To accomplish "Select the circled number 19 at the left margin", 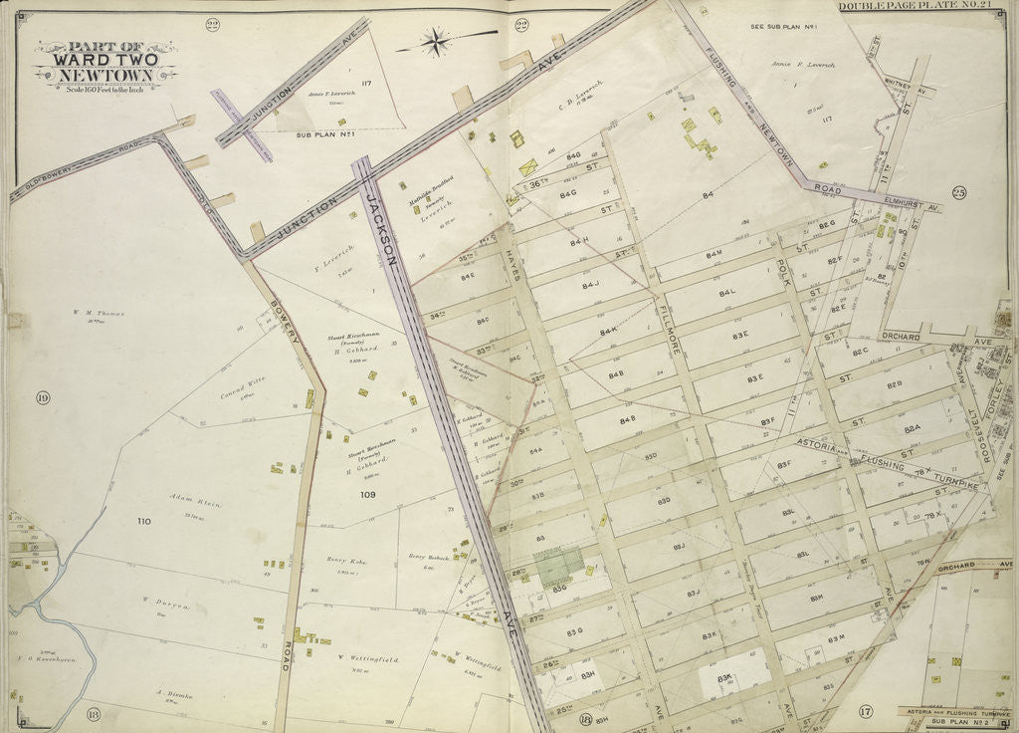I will point(43,398).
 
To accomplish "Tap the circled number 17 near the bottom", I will point(865,711).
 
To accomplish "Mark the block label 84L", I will point(726,294).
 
